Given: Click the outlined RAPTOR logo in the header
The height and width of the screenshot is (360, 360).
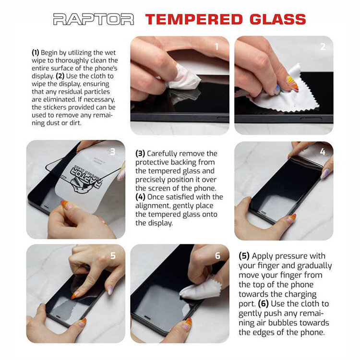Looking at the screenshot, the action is (94, 19).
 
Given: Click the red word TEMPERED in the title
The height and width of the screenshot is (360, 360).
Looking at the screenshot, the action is (194, 19).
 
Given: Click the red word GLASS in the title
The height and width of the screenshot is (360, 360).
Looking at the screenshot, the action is (278, 19).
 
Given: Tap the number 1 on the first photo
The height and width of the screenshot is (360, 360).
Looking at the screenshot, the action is (216, 47).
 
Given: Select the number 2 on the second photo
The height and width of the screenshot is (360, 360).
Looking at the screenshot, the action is (323, 47).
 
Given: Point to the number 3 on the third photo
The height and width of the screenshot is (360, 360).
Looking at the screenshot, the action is (113, 152).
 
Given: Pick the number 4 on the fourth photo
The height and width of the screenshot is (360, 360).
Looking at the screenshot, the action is (323, 152).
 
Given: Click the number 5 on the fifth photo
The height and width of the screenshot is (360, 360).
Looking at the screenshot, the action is (113, 255).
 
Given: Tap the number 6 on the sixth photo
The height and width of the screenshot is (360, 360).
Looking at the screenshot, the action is (217, 255).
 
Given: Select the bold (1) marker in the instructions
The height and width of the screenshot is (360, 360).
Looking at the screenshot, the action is (36, 53).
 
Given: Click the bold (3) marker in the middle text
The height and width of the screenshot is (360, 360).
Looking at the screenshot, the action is (140, 154).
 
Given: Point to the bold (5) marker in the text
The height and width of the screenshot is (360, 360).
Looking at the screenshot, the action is (244, 256).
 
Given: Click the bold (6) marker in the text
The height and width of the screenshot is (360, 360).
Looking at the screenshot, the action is (264, 304).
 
